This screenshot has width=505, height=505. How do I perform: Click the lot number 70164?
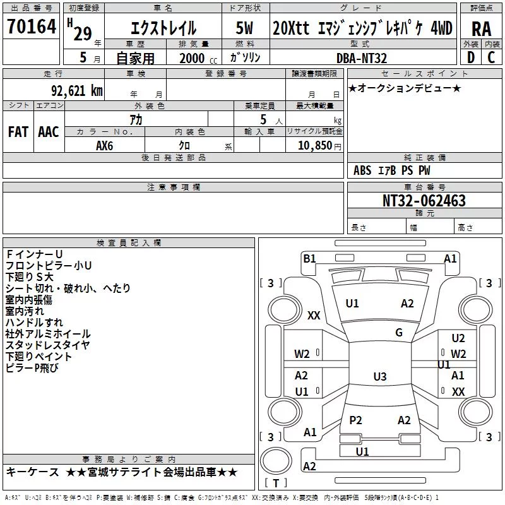(x=32, y=27)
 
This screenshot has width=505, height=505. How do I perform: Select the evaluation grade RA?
(x=481, y=29)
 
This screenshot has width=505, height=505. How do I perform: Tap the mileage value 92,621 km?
(x=76, y=91)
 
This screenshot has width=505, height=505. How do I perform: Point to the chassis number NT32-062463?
(x=424, y=201)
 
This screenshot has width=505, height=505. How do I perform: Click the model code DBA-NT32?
(x=361, y=58)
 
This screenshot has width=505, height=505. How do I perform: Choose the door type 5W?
(x=244, y=28)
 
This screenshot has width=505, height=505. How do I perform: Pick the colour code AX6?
(x=104, y=146)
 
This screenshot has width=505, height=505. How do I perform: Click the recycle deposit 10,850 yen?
(x=319, y=146)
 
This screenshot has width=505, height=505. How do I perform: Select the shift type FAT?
(x=18, y=132)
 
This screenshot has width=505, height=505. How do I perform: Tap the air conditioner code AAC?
(x=49, y=132)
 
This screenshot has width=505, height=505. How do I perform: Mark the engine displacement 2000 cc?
(x=198, y=58)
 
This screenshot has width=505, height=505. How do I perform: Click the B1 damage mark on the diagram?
(x=309, y=259)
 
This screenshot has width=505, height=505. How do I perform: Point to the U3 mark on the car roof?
(x=380, y=376)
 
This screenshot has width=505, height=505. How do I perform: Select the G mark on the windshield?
(x=399, y=333)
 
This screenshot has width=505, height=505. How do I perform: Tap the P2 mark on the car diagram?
(x=355, y=420)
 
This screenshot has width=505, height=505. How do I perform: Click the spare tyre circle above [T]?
(x=276, y=460)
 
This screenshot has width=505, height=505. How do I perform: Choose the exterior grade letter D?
(x=471, y=57)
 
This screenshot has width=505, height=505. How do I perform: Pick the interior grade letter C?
(x=491, y=57)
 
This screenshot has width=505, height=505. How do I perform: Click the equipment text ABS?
(x=362, y=170)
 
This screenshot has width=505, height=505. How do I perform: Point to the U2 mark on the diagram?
(x=458, y=338)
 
